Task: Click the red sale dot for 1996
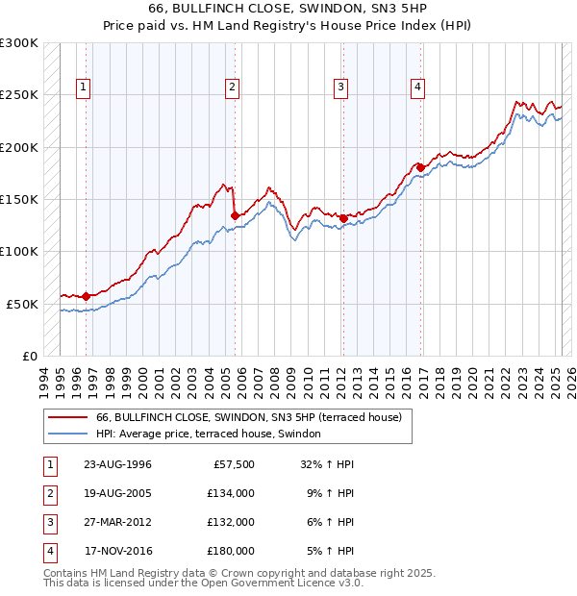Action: coord(87,296)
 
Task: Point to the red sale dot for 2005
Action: coord(236,216)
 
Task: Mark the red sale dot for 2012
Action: coord(343,218)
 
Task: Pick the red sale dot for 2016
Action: coord(420,168)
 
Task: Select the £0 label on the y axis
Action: coord(29,356)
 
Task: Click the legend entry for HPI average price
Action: coord(213,435)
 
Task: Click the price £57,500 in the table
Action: coord(232,464)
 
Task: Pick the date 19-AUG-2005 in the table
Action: coord(118,493)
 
